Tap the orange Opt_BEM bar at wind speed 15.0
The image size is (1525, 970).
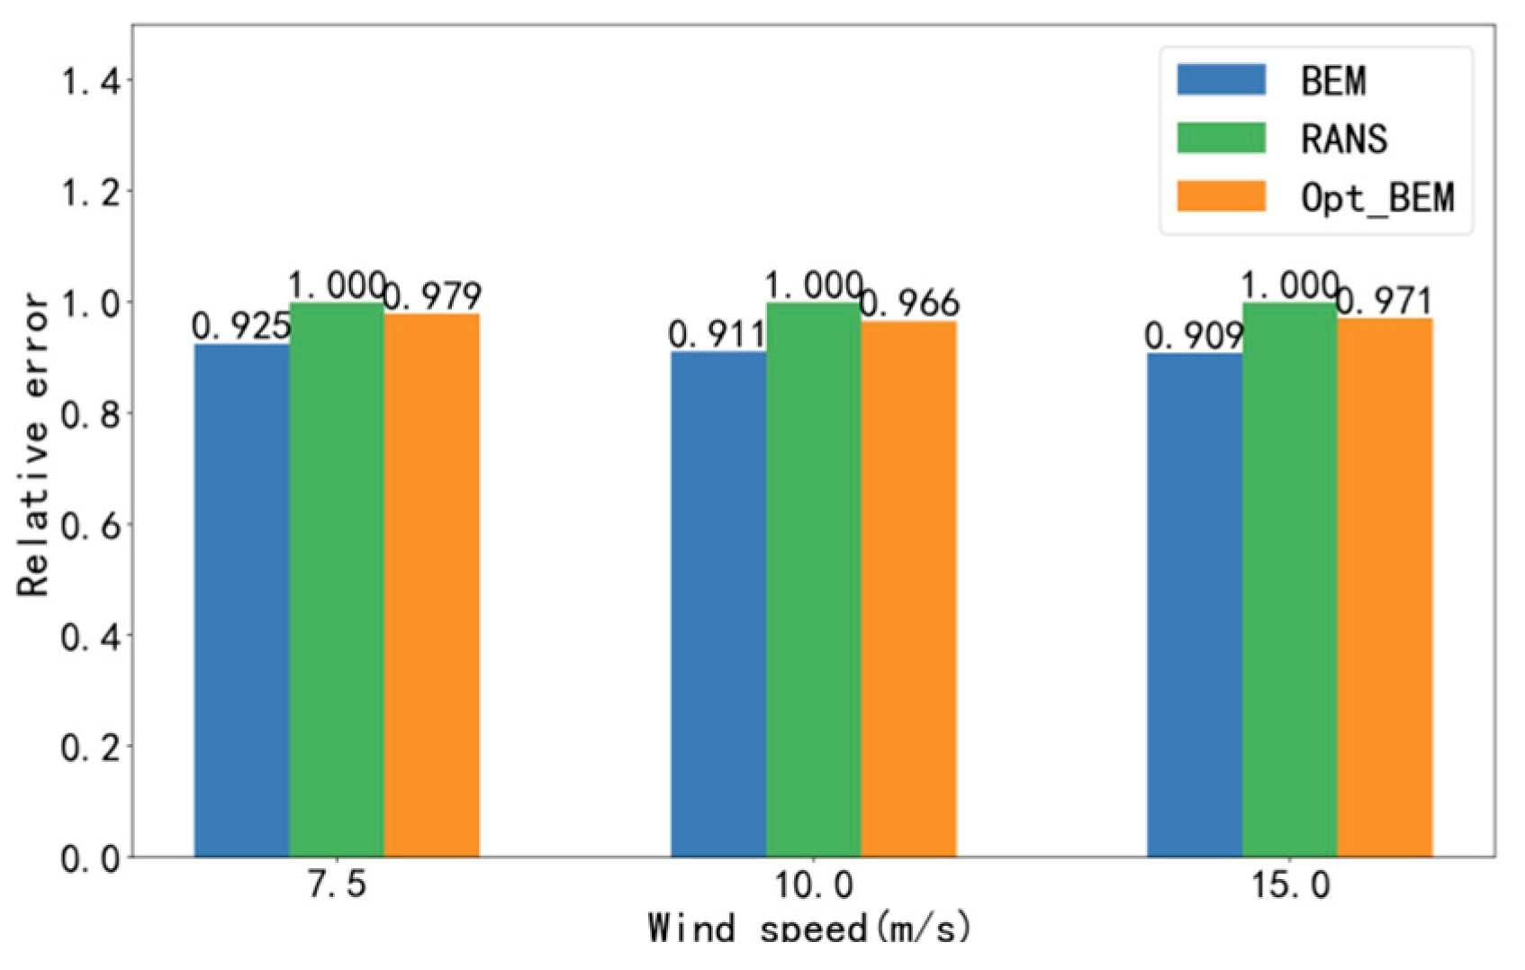(1385, 586)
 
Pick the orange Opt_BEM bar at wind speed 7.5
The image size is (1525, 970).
(431, 585)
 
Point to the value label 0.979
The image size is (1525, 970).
(433, 296)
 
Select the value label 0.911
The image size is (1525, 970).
(717, 335)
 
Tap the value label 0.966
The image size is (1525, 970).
(910, 304)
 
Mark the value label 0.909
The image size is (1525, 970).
(1194, 337)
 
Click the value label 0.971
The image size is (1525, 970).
(1385, 302)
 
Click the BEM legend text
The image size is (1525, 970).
(1333, 81)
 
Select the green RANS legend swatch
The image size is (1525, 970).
(1221, 138)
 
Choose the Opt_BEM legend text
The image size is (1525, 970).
(1377, 197)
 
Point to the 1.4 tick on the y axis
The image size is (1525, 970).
(90, 82)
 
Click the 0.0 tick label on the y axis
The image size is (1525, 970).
(90, 859)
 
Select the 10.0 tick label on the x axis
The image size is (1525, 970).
(813, 885)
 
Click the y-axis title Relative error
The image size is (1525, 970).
(33, 443)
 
